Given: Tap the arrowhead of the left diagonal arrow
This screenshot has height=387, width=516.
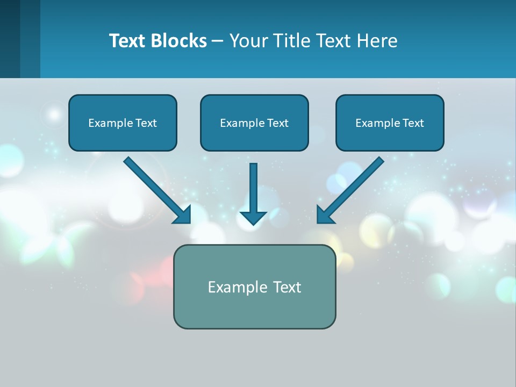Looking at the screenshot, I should [183, 215].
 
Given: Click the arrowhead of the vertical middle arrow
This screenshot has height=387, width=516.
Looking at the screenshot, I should [253, 218].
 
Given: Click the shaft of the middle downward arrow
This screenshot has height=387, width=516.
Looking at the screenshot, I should [253, 185].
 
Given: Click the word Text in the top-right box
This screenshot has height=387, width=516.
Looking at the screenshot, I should [413, 123].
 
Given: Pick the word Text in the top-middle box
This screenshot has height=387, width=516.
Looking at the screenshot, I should [278, 123].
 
